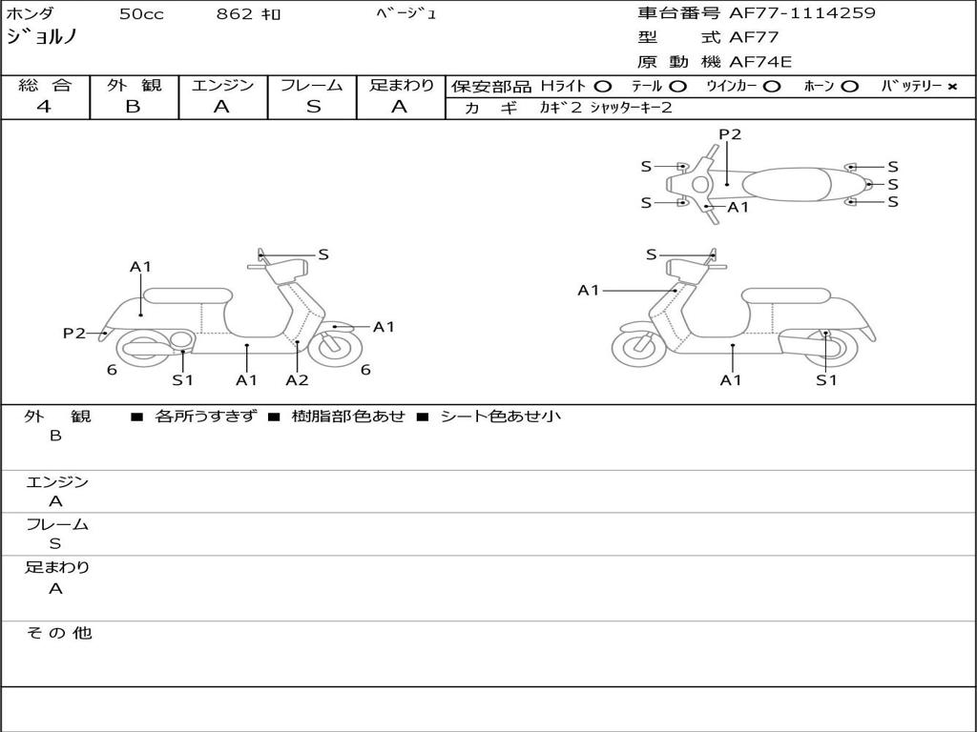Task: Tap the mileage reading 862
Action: [234, 14]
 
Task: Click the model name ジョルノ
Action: [42, 38]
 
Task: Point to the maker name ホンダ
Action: [31, 14]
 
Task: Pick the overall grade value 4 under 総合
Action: [44, 107]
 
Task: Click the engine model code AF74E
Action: [760, 63]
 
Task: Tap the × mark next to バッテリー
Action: [951, 87]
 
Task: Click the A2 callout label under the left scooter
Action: [297, 380]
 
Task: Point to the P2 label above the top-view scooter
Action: [730, 134]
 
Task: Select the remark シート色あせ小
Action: [500, 417]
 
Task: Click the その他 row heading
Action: [58, 633]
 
